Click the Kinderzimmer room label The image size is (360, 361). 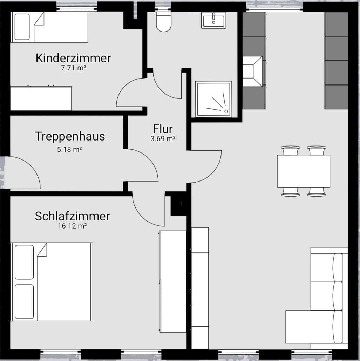click(73, 58)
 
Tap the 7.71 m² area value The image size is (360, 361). click(73, 68)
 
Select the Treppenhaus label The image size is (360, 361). click(70, 136)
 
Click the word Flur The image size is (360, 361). click(163, 129)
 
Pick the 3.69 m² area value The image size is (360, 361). click(163, 139)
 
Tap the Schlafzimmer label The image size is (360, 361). click(72, 216)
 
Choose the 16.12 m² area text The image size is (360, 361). click(72, 226)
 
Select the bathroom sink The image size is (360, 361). click(213, 20)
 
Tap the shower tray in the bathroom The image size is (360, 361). click(213, 99)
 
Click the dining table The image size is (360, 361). click(303, 171)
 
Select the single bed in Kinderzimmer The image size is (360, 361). click(49, 27)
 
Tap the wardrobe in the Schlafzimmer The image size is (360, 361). click(173, 281)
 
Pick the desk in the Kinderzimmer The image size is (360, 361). click(41, 98)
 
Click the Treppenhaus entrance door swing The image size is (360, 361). click(23, 173)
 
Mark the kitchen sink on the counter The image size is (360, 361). click(252, 71)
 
